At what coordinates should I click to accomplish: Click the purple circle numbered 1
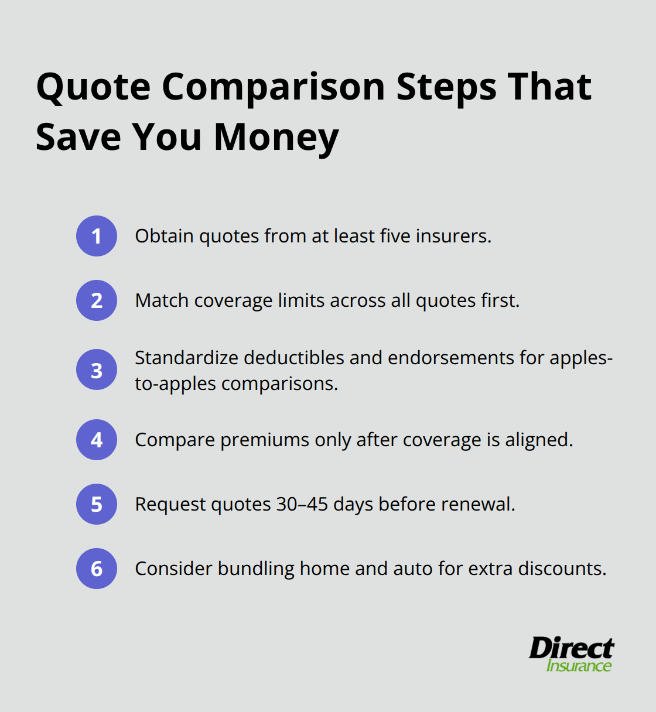pyautogui.click(x=97, y=236)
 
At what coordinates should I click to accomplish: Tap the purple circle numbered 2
pyautogui.click(x=97, y=300)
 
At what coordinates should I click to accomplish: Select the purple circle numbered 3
pyautogui.click(x=97, y=370)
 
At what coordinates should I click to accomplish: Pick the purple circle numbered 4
pyautogui.click(x=97, y=440)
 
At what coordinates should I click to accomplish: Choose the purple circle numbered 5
pyautogui.click(x=97, y=504)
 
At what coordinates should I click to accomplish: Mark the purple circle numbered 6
pyautogui.click(x=97, y=569)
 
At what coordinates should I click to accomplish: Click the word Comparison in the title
pyautogui.click(x=274, y=88)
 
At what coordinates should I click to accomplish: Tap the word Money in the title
pyautogui.click(x=276, y=138)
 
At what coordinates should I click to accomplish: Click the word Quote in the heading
pyautogui.click(x=94, y=88)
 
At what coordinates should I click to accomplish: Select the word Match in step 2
pyautogui.click(x=162, y=300)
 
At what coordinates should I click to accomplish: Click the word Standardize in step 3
pyautogui.click(x=187, y=358)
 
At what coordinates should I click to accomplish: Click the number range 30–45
pyautogui.click(x=302, y=504)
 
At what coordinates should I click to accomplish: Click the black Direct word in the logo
pyautogui.click(x=571, y=649)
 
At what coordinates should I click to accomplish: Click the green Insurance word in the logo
pyautogui.click(x=579, y=666)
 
